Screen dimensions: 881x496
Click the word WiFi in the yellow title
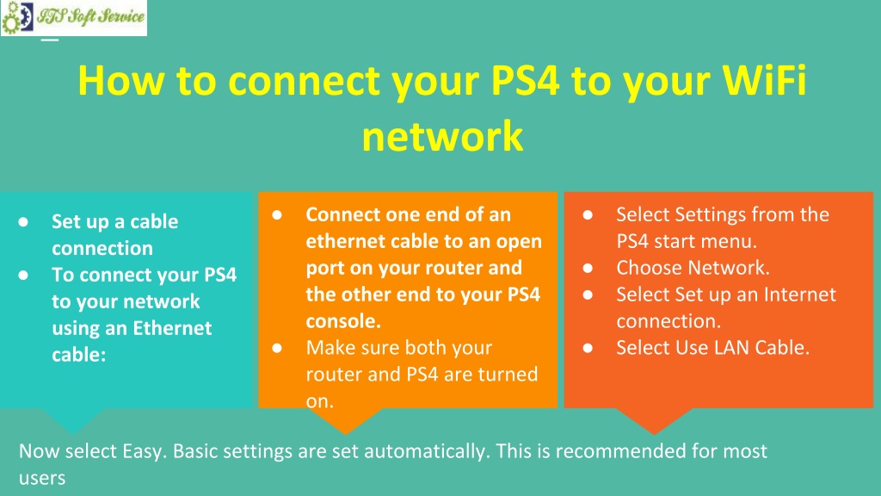[764, 80]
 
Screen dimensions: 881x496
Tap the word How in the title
[120, 80]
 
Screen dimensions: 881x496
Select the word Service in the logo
[121, 15]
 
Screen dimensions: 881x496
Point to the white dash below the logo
[50, 40]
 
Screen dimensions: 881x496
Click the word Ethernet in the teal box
[172, 328]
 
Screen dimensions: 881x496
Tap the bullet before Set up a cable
[23, 222]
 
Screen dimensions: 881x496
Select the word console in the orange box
[343, 321]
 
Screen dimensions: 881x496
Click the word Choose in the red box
[650, 268]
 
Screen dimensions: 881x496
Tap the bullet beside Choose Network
[588, 269]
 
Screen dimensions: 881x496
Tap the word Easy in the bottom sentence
[142, 451]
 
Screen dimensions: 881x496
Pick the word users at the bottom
[42, 478]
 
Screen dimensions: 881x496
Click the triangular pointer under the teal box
[73, 419]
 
